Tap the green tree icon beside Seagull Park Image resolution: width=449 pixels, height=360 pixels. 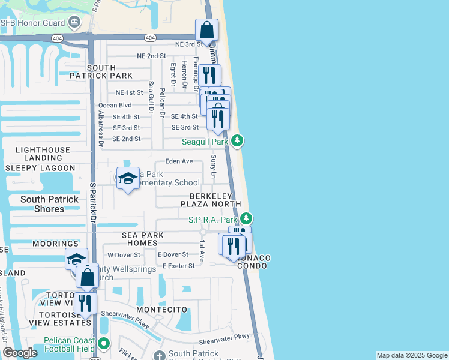point(238,141)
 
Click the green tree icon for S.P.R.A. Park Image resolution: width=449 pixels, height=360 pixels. point(247,220)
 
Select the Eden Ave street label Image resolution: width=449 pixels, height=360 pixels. point(179,161)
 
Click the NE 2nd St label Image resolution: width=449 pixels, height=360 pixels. point(151,56)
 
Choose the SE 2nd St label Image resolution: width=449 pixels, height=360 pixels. point(127,139)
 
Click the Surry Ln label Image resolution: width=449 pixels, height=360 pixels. point(214,167)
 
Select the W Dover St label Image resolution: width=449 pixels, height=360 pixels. point(124,254)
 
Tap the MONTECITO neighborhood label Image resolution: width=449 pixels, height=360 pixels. point(158,309)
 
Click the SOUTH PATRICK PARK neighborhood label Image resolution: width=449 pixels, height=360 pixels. point(109,72)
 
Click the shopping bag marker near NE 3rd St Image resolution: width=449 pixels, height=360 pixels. point(206,30)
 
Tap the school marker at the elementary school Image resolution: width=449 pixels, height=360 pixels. point(128,178)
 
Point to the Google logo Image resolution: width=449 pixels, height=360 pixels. point(20,353)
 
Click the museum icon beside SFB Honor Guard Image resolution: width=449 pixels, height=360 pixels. point(74,23)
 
